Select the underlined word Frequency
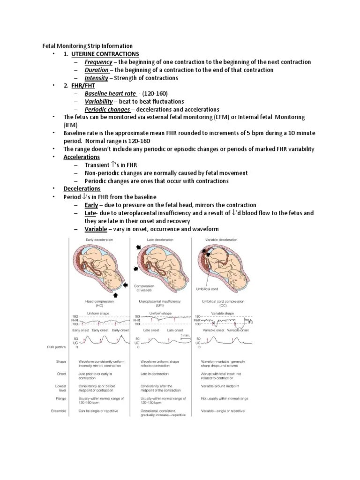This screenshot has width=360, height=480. point(98,62)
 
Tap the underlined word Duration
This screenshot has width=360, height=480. point(96,70)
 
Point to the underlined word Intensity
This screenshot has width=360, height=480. point(96,78)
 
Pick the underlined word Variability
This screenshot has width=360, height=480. point(98,101)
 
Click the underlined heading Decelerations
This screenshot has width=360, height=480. point(82,188)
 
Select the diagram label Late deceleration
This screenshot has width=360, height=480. point(160,240)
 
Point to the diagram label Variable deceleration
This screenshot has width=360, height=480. point(221,240)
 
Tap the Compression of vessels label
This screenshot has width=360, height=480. point(144,288)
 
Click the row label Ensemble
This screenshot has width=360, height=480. point(59,411)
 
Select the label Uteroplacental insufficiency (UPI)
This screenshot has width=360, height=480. point(160,303)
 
